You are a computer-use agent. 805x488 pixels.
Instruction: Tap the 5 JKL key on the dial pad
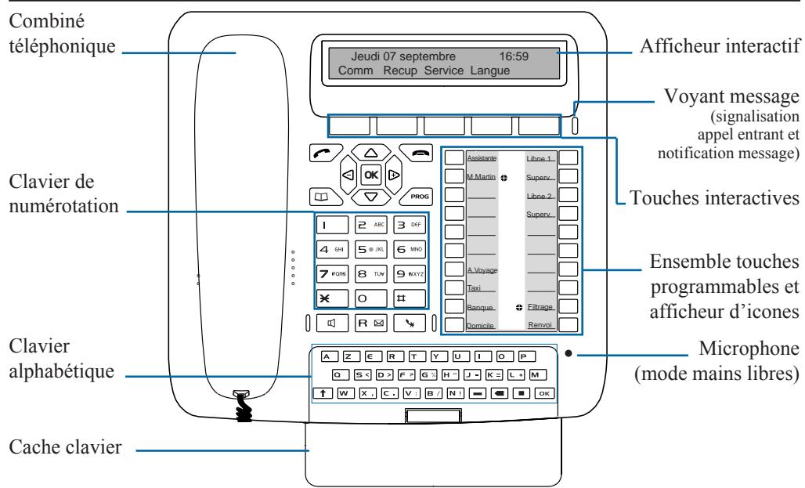(372, 250)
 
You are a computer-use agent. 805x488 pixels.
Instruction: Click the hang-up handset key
(410, 153)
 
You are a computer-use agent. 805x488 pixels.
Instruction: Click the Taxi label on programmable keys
(474, 289)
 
